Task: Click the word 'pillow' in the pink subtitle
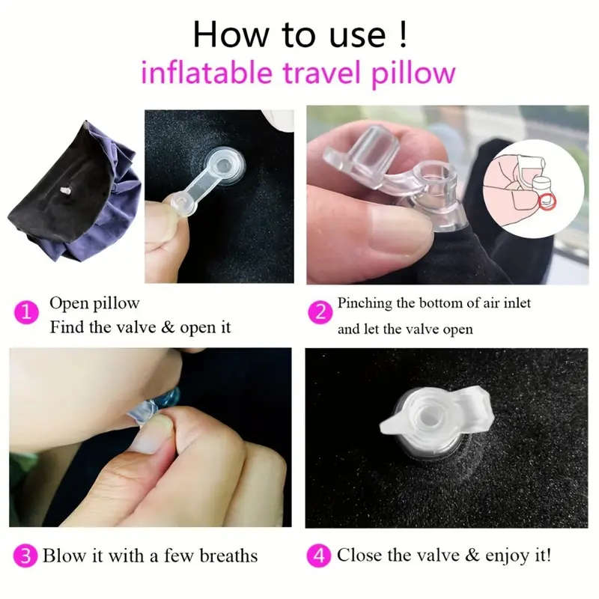pos(416,73)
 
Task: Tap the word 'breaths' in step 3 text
pos(224,556)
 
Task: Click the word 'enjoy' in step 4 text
pos(489,556)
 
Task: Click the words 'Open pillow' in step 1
pos(94,304)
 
